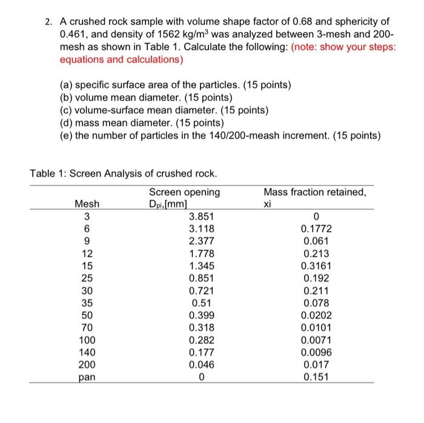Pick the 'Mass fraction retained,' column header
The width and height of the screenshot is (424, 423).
314,192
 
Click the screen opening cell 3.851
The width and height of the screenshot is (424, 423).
201,216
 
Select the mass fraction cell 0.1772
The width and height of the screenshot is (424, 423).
316,229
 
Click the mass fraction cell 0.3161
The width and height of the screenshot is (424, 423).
316,266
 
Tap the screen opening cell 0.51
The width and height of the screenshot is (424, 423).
201,303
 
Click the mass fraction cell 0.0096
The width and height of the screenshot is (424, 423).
316,352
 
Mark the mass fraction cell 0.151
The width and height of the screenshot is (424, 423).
316,377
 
